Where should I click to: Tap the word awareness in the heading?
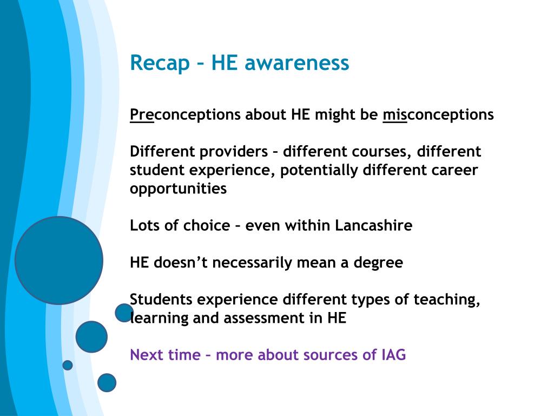click(297, 63)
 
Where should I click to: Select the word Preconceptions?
click(185, 115)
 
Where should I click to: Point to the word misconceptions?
click(438, 115)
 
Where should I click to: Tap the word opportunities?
click(178, 189)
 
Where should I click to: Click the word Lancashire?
click(373, 225)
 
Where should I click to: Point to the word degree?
click(378, 263)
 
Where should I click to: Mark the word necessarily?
click(252, 263)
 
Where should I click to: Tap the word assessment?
click(263, 318)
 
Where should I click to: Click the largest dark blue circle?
click(59, 261)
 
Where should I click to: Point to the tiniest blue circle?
click(68, 365)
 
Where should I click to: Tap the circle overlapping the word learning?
click(124, 313)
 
